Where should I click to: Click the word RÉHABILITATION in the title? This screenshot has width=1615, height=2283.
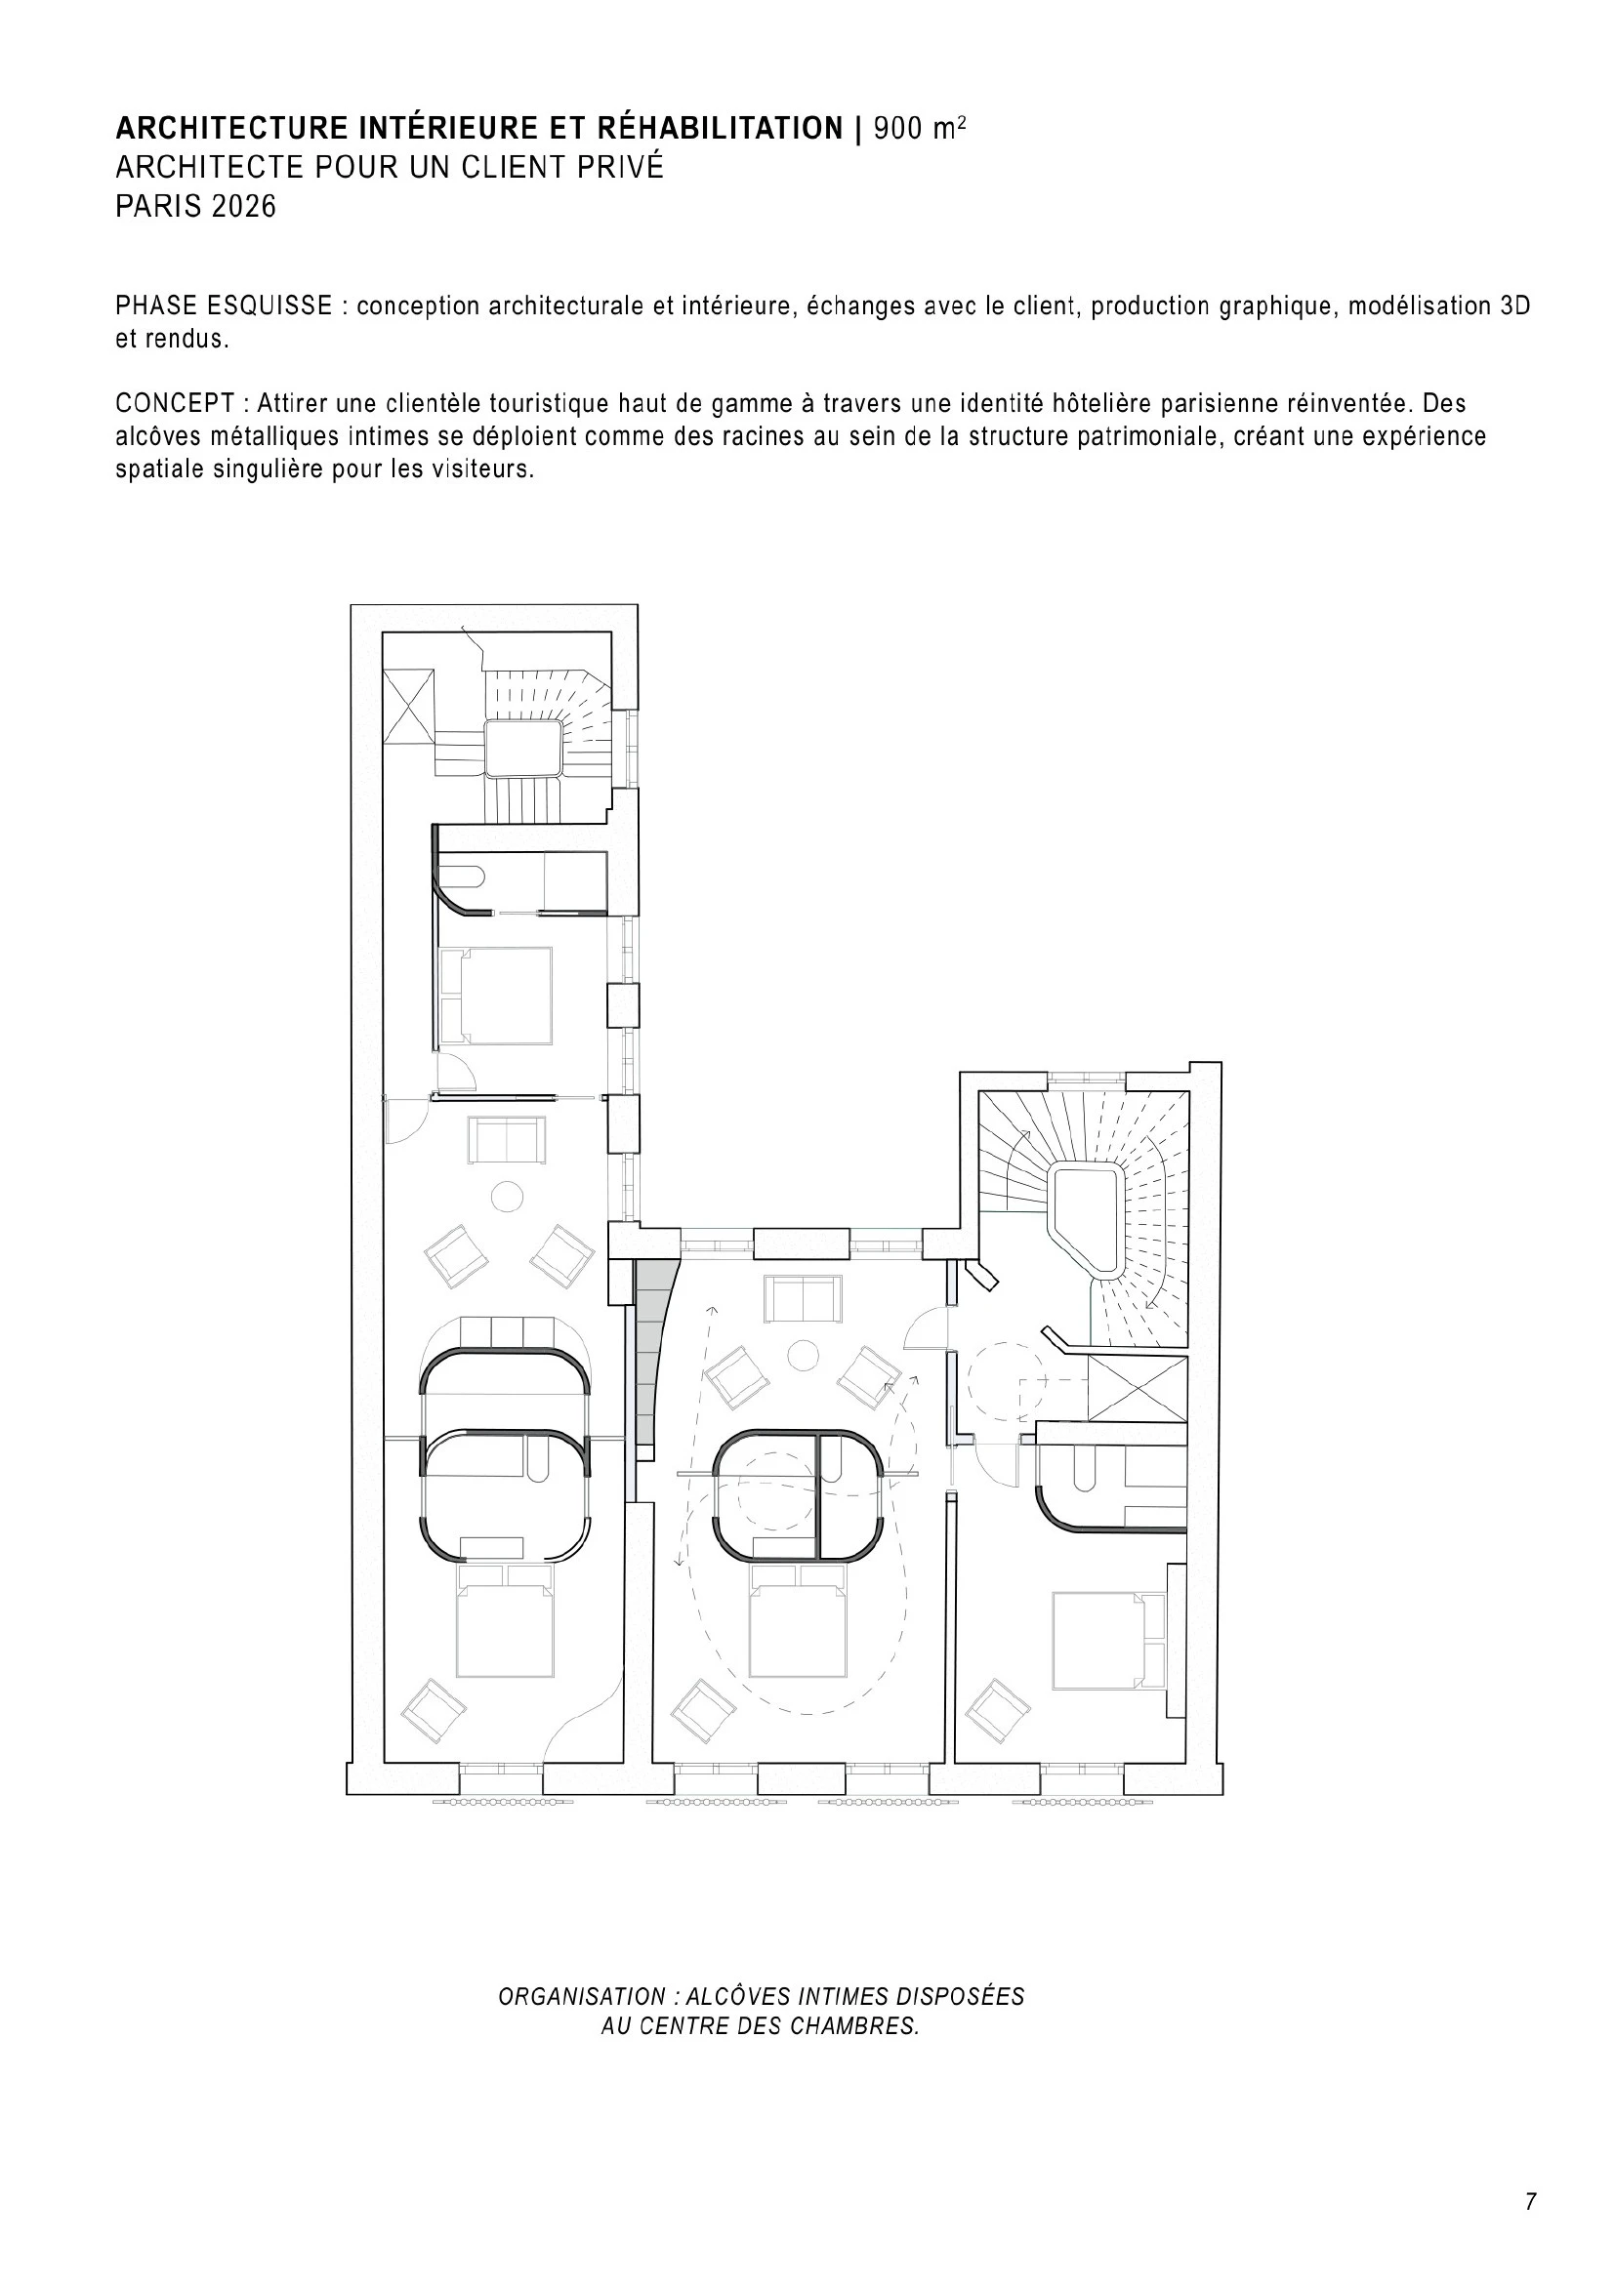720,128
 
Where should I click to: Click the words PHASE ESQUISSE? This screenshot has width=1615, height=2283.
224,306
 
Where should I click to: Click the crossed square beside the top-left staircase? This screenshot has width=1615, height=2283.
409,706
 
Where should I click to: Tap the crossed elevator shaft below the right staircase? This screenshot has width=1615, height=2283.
1138,1387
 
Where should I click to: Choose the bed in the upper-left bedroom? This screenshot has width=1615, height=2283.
495,996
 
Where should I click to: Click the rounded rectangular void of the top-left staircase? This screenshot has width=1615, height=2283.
525,748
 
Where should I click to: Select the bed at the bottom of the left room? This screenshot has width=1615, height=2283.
504,1622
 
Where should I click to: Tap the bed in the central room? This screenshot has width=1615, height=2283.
799,1622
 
